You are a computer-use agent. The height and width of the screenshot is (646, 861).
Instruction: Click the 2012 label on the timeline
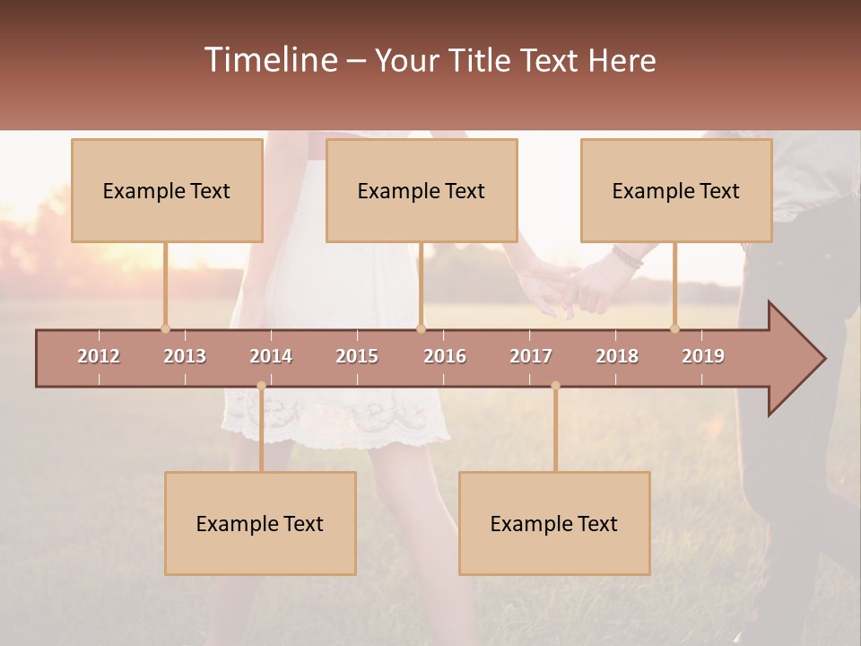pos(99,356)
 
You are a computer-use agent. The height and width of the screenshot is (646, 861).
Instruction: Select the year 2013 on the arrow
pos(185,356)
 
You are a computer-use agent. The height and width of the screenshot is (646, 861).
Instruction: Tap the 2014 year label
pos(271,356)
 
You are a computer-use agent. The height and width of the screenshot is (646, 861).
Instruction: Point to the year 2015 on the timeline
pos(357,356)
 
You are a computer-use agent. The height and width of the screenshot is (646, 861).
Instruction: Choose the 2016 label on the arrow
pos(445,356)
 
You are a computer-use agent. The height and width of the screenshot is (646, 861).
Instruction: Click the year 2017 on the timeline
pos(531,356)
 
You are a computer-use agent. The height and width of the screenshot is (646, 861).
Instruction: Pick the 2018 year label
pos(617,356)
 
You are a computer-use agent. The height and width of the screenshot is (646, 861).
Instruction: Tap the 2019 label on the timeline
pos(703,356)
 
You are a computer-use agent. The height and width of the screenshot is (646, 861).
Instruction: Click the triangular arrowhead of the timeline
pos(795,359)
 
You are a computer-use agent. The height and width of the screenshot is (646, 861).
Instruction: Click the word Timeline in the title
pos(270,60)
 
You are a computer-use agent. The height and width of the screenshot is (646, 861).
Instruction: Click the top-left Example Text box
pos(167,190)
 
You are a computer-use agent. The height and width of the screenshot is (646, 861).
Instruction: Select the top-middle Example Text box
pos(422,190)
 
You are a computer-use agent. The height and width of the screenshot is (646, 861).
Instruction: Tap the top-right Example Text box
pos(676,190)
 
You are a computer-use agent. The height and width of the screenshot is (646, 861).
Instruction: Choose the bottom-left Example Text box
pos(260,523)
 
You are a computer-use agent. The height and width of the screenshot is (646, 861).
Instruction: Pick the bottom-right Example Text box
pos(554,523)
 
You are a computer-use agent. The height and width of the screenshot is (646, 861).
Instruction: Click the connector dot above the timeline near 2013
pos(165,328)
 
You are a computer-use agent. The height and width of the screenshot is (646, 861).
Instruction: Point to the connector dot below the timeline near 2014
pos(261,386)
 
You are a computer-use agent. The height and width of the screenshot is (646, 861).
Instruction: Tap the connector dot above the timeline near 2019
pos(674,328)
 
